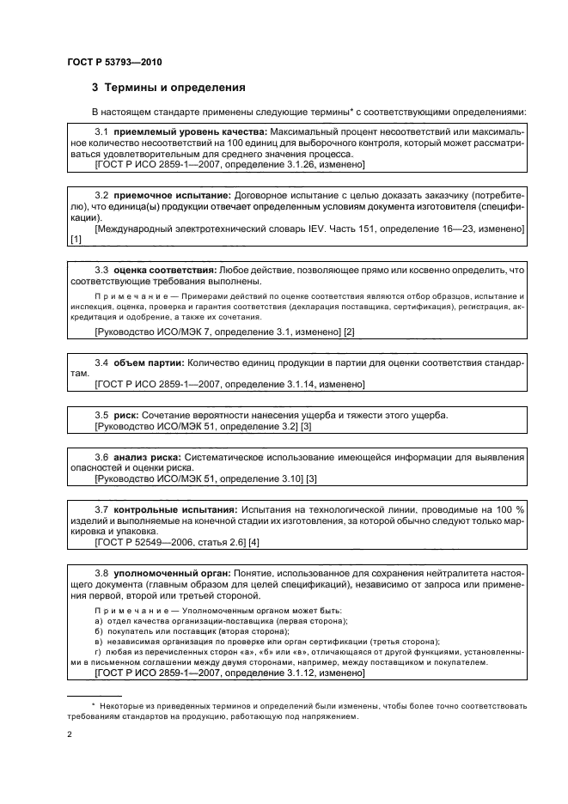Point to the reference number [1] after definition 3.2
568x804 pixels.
coord(75,240)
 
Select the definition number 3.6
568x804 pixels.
coord(101,457)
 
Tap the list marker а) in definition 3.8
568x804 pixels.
coord(99,620)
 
